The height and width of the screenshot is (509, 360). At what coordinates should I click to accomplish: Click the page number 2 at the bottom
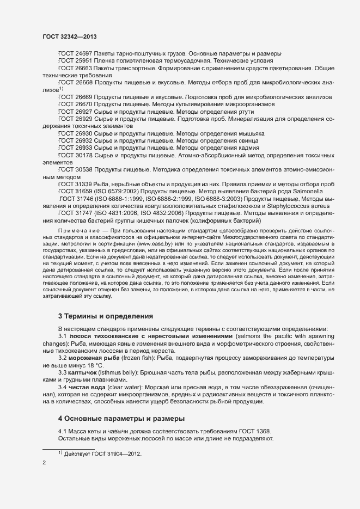pos(44,463)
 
